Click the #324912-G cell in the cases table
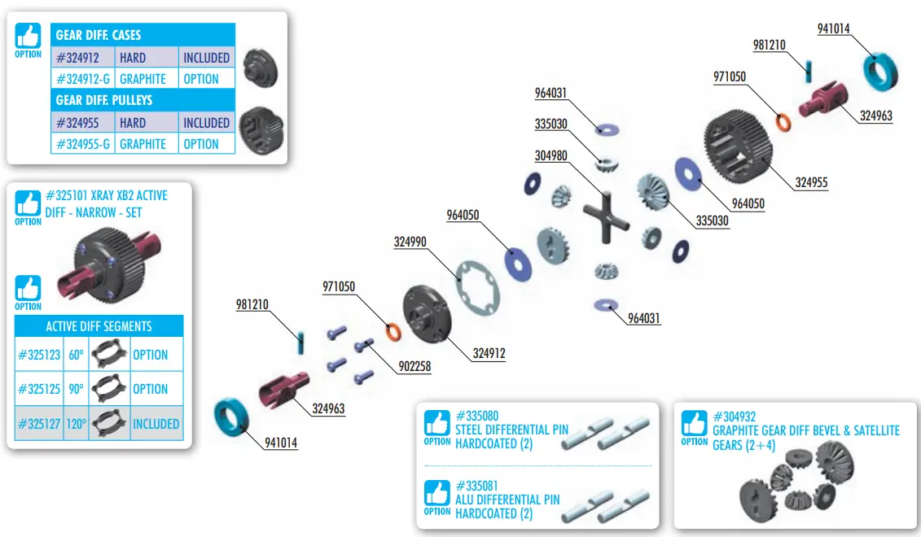(x=83, y=79)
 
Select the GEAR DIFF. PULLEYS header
(x=103, y=100)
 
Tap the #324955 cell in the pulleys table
(x=77, y=123)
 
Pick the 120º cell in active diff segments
(x=76, y=423)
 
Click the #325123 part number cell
(x=39, y=355)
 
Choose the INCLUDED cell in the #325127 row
(x=156, y=423)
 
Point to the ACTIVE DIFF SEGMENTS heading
(x=99, y=326)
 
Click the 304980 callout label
(x=552, y=155)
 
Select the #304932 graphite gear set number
(x=735, y=416)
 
